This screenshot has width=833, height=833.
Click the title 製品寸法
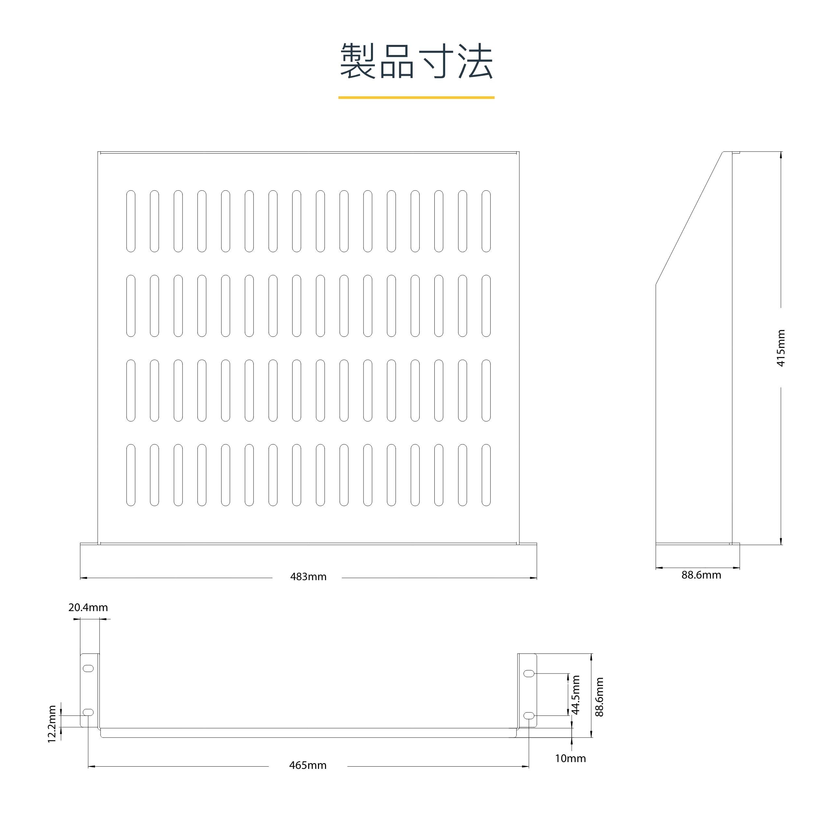click(x=416, y=61)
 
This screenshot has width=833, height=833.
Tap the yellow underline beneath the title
click(x=416, y=97)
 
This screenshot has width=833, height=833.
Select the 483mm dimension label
click(x=308, y=577)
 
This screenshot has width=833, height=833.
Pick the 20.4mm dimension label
click(x=88, y=607)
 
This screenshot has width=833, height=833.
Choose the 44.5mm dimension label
click(x=576, y=695)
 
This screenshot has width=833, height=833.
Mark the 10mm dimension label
click(x=570, y=758)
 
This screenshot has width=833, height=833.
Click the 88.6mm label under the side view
click(x=701, y=575)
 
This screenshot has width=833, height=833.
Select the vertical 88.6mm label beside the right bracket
click(x=599, y=697)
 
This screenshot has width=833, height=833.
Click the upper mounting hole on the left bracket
click(x=88, y=668)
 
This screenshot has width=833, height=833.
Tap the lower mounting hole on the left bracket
click(x=88, y=712)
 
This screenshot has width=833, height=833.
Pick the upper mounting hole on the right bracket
click(x=529, y=673)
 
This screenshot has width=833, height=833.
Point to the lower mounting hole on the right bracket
click(x=529, y=715)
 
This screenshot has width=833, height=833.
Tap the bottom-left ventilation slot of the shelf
click(x=130, y=475)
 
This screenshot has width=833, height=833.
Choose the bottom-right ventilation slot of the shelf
click(x=486, y=475)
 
